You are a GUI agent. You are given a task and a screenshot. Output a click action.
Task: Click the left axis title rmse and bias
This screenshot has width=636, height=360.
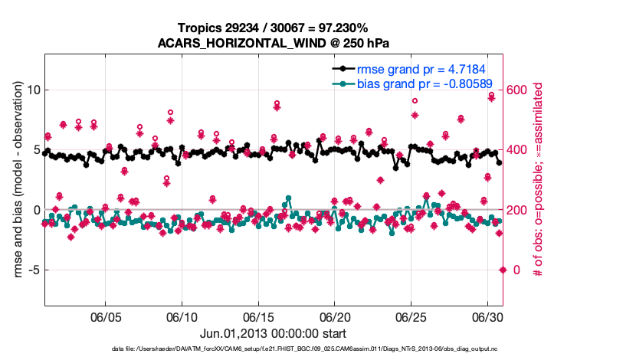pyautogui.click(x=16, y=179)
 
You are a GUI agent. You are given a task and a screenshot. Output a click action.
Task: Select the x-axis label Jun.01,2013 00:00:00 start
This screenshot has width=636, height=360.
pyautogui.click(x=274, y=333)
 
